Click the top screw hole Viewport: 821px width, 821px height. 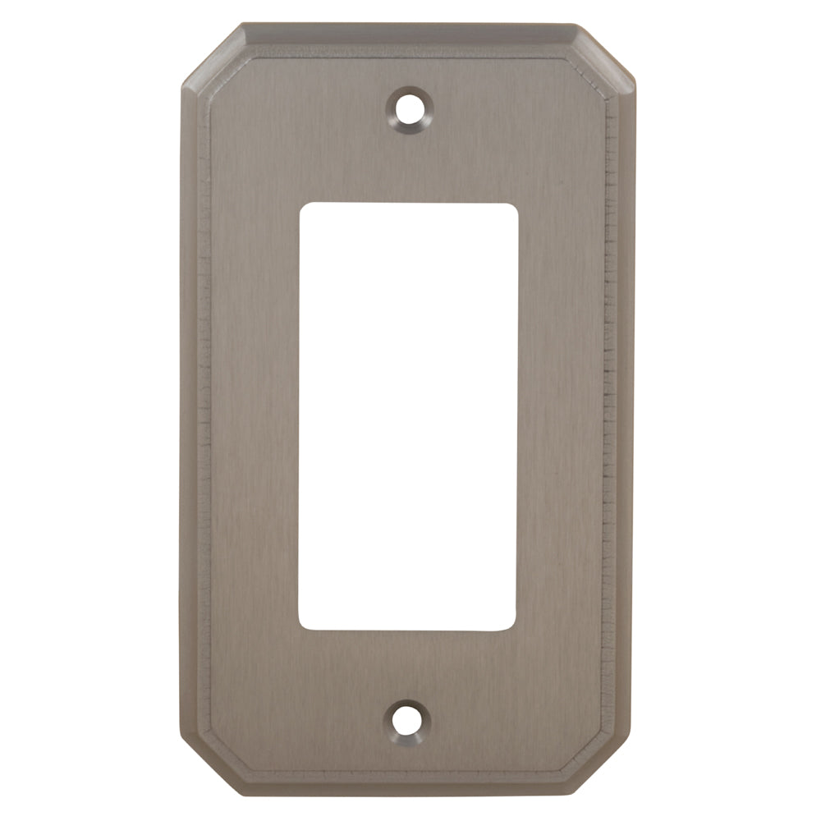click(409, 107)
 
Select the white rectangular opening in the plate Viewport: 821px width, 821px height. click(408, 416)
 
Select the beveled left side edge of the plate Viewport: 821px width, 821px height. click(190, 410)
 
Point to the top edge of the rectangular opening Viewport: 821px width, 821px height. click(408, 204)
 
